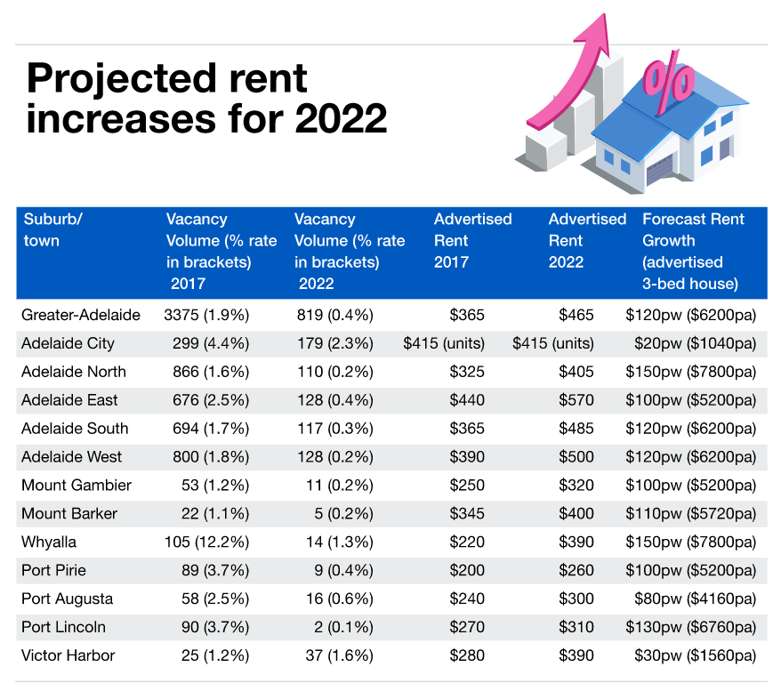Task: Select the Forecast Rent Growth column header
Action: point(694,251)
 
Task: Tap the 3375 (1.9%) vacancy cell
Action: point(206,314)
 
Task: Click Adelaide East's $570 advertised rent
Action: point(576,399)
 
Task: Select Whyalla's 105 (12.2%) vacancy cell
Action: point(206,542)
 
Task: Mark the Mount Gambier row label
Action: point(76,485)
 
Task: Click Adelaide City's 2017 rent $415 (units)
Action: point(444,342)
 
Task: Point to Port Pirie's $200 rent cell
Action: point(467,570)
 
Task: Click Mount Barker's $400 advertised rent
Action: point(576,513)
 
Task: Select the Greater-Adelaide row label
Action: point(81,314)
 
